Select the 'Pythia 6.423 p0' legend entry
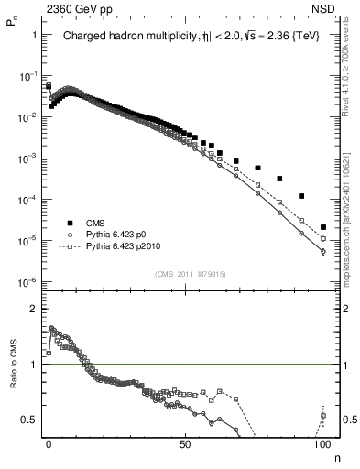point(125,234)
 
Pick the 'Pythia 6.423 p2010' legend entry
point(132,247)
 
